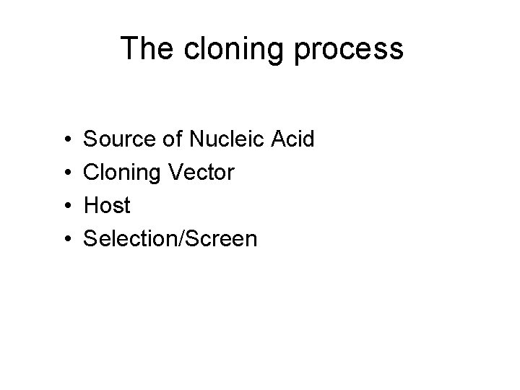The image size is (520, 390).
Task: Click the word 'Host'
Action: [x=108, y=205]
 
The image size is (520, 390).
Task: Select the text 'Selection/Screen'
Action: [x=170, y=238]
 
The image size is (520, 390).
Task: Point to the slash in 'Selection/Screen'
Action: [x=183, y=238]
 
